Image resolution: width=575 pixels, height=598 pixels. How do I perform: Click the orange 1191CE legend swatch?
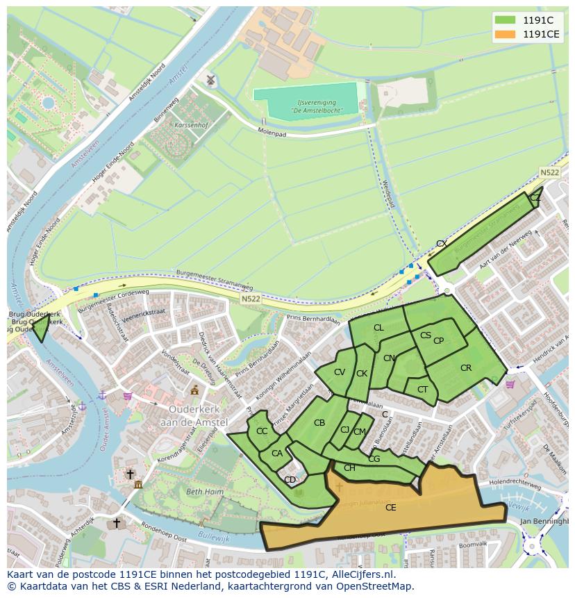coord(506,34)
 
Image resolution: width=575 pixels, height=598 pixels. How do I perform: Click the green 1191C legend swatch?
coord(506,20)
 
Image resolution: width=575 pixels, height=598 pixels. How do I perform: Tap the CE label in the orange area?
coord(390,508)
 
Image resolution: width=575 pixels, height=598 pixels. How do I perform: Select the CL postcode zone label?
coord(378,328)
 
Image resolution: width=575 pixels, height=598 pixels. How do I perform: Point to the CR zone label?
coord(466,368)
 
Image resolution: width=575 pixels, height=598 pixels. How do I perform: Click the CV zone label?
coord(339,372)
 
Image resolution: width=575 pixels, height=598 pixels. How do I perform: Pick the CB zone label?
coord(319,423)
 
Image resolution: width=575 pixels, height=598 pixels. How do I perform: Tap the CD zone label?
coord(290,480)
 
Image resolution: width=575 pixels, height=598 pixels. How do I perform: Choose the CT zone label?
coord(422,390)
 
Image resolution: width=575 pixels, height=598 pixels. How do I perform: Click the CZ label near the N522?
coord(535,198)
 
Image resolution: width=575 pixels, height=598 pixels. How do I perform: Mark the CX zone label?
coord(441,244)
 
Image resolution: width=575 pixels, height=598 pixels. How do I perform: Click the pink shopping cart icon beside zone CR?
coord(510,384)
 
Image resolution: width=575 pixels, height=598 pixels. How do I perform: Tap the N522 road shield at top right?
coord(551,172)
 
